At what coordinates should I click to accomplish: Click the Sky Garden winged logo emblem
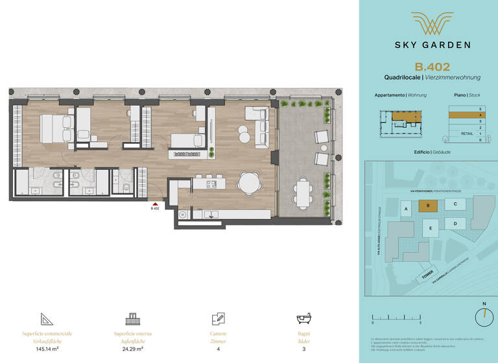pyautogui.click(x=428, y=25)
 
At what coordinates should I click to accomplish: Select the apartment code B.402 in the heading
pyautogui.click(x=428, y=66)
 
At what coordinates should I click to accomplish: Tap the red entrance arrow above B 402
pyautogui.click(x=155, y=203)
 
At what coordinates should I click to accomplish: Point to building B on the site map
pyautogui.click(x=427, y=206)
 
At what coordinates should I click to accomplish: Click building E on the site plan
pyautogui.click(x=429, y=228)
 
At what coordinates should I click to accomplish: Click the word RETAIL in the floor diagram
pyautogui.click(x=466, y=133)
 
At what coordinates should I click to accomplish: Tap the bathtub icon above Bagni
pyautogui.click(x=304, y=320)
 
